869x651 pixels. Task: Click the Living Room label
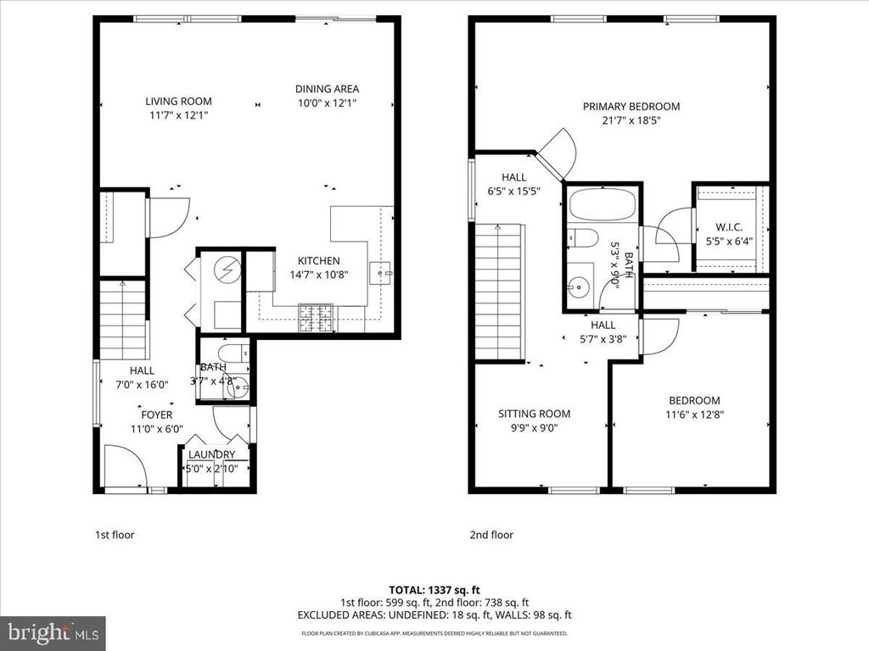[x=177, y=101]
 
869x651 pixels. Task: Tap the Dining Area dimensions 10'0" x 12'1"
[x=327, y=103]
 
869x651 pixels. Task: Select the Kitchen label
[x=318, y=260]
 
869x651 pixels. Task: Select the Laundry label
[x=211, y=454]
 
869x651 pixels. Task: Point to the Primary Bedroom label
[x=631, y=106]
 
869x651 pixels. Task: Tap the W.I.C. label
[x=730, y=226]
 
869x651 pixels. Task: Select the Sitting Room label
[x=534, y=414]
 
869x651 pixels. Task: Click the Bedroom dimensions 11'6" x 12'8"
[x=694, y=415]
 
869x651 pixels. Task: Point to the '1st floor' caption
[x=114, y=535]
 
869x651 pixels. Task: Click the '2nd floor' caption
[x=491, y=535]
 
